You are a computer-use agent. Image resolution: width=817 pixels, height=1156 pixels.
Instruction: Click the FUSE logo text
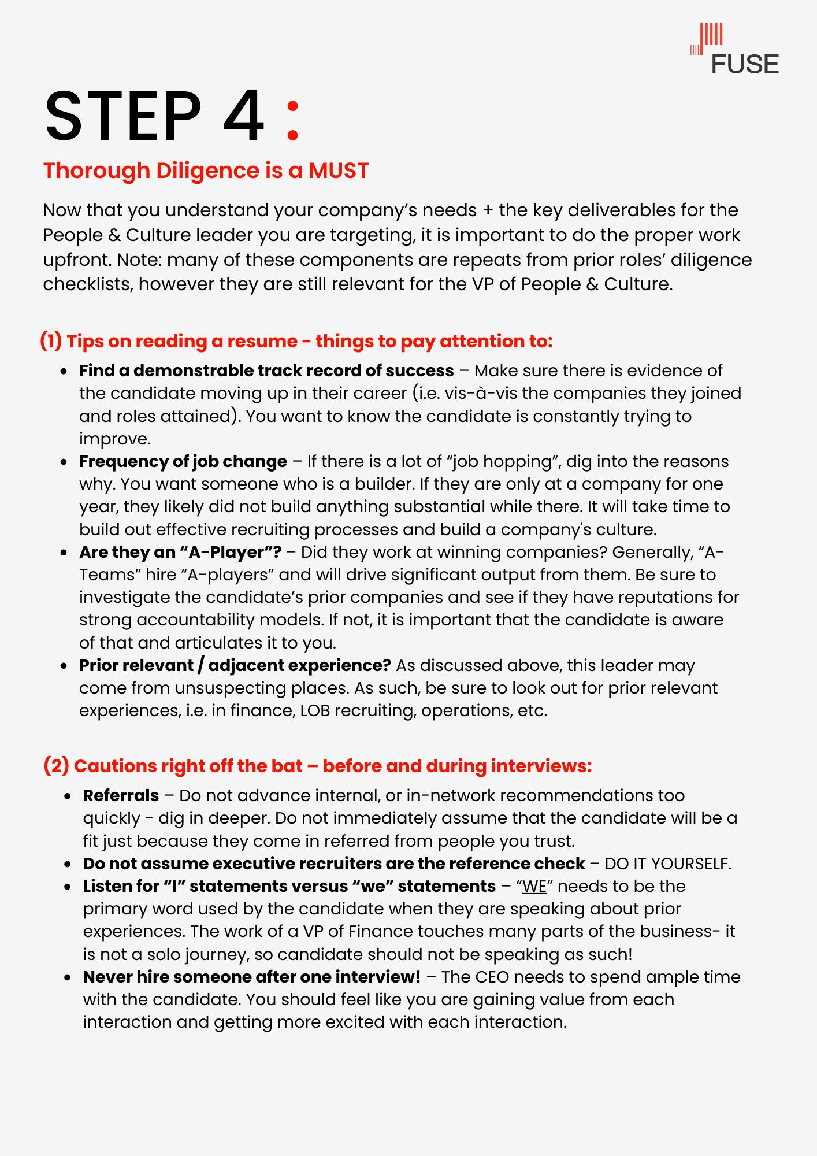coord(744,64)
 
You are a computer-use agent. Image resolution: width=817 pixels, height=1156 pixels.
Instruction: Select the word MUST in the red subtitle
coord(339,171)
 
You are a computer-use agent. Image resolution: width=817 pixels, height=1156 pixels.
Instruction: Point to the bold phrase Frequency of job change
coord(183,461)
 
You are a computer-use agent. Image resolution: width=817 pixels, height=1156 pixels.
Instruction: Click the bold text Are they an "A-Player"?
coord(180,552)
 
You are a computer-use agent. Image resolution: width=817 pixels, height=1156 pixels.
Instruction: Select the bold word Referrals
coord(121,795)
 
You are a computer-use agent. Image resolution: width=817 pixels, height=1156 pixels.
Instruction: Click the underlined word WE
coord(534,886)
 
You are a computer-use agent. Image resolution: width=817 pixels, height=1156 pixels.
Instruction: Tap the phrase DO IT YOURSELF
coord(667,864)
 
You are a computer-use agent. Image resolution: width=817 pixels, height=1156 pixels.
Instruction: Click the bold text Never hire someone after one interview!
coord(252,977)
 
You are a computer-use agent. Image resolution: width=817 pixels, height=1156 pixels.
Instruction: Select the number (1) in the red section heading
coord(51,341)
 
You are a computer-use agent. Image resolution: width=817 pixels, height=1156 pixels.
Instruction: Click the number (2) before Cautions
coord(56,766)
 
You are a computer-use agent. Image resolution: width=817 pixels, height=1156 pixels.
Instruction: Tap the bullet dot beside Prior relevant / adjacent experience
coord(65,666)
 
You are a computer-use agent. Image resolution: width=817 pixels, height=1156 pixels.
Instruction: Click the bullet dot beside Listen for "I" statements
coord(69,887)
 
